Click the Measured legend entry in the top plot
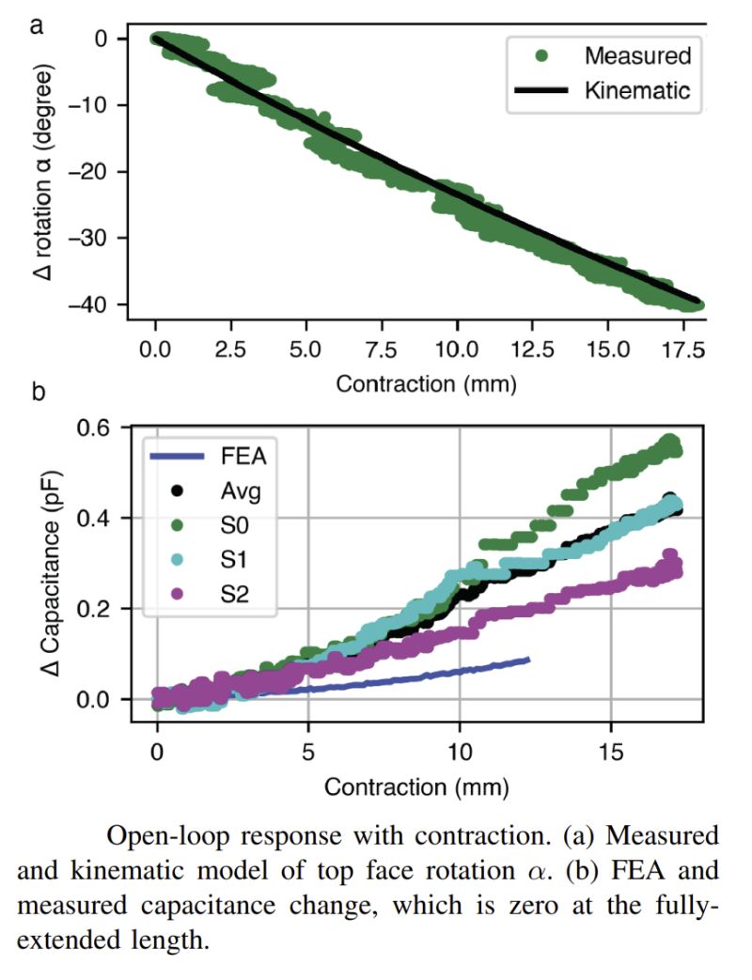coord(637,55)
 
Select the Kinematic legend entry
coord(637,91)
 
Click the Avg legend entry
coord(230,490)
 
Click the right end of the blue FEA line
coord(528,661)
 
